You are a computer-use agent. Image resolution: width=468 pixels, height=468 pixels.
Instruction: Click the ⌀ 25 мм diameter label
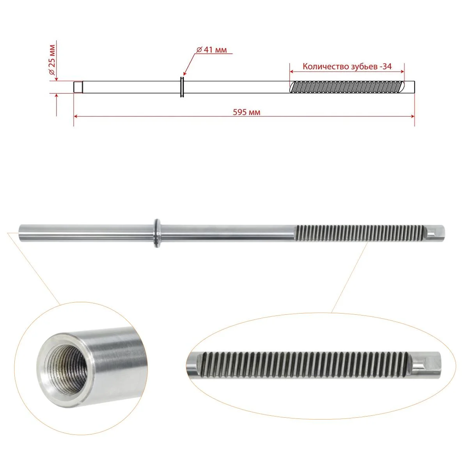coord(53,60)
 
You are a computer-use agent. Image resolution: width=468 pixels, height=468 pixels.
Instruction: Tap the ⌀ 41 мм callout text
coord(211,50)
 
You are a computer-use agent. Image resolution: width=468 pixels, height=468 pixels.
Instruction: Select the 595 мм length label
coord(246,112)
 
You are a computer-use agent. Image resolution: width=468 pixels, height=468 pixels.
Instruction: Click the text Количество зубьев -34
coord(347,67)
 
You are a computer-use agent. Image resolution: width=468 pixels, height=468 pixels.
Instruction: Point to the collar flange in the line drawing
coord(182,87)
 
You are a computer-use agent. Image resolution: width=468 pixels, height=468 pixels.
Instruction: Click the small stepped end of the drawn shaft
coord(78,87)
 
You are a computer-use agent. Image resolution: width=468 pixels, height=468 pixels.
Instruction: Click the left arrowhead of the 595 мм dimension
coord(76,116)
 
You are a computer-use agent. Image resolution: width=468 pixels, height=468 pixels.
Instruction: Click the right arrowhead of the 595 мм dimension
coord(412,116)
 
